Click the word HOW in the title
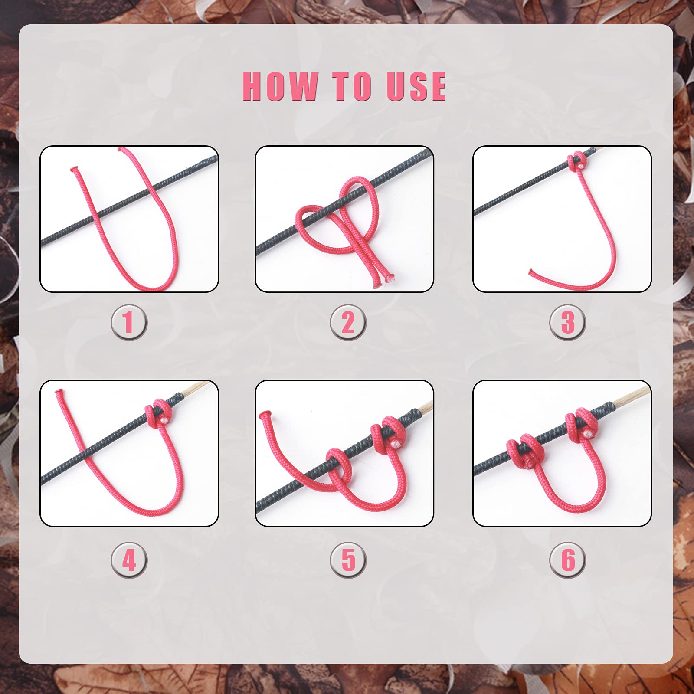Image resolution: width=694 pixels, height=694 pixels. click(x=279, y=86)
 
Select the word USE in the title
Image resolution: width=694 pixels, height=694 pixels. click(x=416, y=86)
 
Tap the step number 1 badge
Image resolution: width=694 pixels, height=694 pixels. click(x=129, y=323)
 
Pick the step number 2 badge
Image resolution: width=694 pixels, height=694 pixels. click(x=348, y=323)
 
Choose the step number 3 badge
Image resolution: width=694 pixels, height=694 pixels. click(x=567, y=323)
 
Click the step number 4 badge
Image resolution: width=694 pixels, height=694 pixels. click(x=129, y=560)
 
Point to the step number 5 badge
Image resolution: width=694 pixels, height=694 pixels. click(x=348, y=560)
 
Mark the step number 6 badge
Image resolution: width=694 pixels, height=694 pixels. click(x=567, y=560)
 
